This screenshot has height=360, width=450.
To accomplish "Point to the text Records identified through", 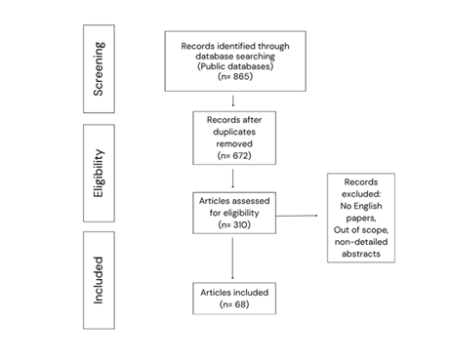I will [232, 44].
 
